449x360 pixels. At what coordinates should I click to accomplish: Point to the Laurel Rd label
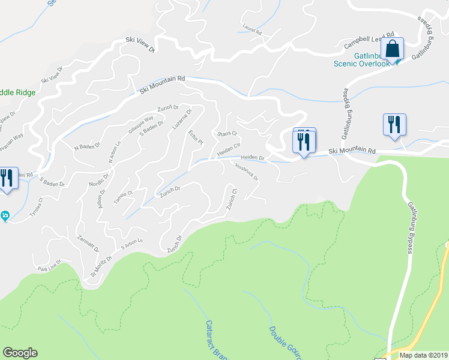point(252,29)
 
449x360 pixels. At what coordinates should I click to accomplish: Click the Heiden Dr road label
point(252,157)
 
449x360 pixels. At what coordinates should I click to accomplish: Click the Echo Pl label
point(197,137)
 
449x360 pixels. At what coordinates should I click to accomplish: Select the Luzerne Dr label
point(182,121)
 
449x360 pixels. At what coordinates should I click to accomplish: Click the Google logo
point(20,353)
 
